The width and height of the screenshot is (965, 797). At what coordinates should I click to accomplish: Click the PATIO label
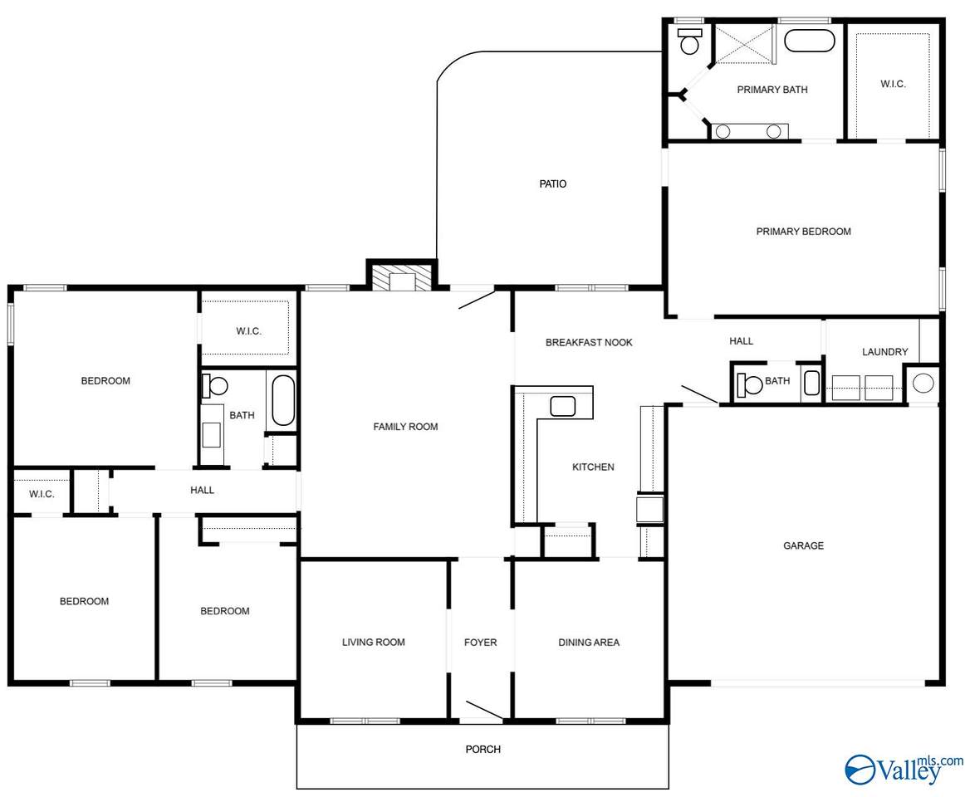[x=552, y=183]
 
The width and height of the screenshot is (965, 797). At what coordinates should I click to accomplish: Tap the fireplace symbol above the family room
[x=403, y=277]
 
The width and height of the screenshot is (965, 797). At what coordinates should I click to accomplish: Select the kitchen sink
[x=562, y=406]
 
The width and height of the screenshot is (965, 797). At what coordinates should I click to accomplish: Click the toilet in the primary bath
[x=690, y=41]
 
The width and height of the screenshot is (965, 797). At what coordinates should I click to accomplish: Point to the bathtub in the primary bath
[x=810, y=41]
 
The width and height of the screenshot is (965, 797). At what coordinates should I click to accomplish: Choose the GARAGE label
[x=803, y=545]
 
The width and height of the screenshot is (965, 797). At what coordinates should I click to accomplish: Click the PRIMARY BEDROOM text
[x=803, y=232]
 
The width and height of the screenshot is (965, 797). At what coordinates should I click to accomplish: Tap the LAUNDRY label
[x=885, y=351]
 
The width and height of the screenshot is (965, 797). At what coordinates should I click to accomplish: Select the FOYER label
[x=480, y=642]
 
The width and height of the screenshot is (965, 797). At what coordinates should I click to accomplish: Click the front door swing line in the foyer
[x=484, y=710]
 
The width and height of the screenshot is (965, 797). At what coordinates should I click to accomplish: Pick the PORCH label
[x=483, y=749]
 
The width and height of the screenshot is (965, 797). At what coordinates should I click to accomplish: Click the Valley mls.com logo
[x=904, y=770]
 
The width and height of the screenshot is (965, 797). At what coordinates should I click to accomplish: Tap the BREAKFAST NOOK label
[x=589, y=342]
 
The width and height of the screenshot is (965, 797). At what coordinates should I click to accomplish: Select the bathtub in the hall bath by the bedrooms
[x=283, y=401]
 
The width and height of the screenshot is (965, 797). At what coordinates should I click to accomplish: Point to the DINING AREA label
[x=589, y=642]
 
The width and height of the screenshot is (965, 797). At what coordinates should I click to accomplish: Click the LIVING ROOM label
[x=374, y=642]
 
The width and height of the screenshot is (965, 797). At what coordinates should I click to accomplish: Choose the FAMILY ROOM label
[x=405, y=427]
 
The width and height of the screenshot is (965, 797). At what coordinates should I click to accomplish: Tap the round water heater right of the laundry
[x=923, y=384]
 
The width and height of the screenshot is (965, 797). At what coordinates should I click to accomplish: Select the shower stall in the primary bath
[x=744, y=44]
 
